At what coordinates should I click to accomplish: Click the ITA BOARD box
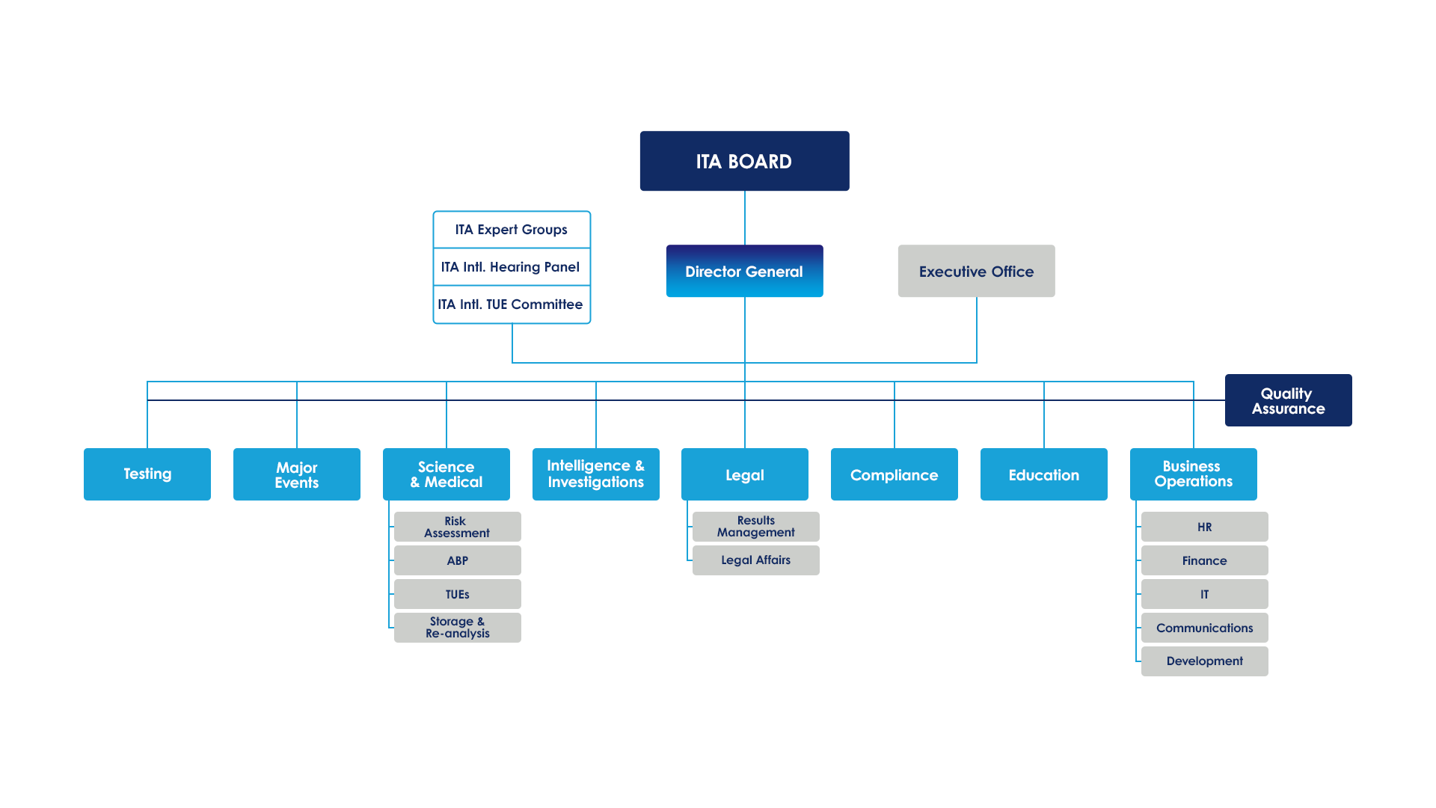[744, 161]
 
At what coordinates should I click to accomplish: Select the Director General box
[744, 271]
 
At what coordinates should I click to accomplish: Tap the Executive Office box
[976, 271]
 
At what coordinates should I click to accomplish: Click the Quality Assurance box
[1288, 400]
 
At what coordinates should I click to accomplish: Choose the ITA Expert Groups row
[512, 230]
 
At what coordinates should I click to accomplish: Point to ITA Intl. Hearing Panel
[512, 267]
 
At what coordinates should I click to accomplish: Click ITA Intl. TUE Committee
[512, 304]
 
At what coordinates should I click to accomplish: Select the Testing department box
[147, 474]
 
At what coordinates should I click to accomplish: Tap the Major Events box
[297, 474]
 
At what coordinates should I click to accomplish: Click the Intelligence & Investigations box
[596, 474]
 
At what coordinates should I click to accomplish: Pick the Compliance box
[894, 474]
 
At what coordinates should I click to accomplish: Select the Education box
[1043, 474]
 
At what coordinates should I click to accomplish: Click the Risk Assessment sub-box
[457, 527]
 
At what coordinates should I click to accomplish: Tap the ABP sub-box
[457, 560]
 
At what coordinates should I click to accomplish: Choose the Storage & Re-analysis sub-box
[457, 627]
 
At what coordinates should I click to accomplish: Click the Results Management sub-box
[755, 526]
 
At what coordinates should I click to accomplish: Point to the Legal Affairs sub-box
[755, 560]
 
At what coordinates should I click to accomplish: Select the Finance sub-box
[1204, 560]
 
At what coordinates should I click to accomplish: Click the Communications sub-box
[1204, 628]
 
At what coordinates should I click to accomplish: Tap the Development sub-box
[1204, 661]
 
